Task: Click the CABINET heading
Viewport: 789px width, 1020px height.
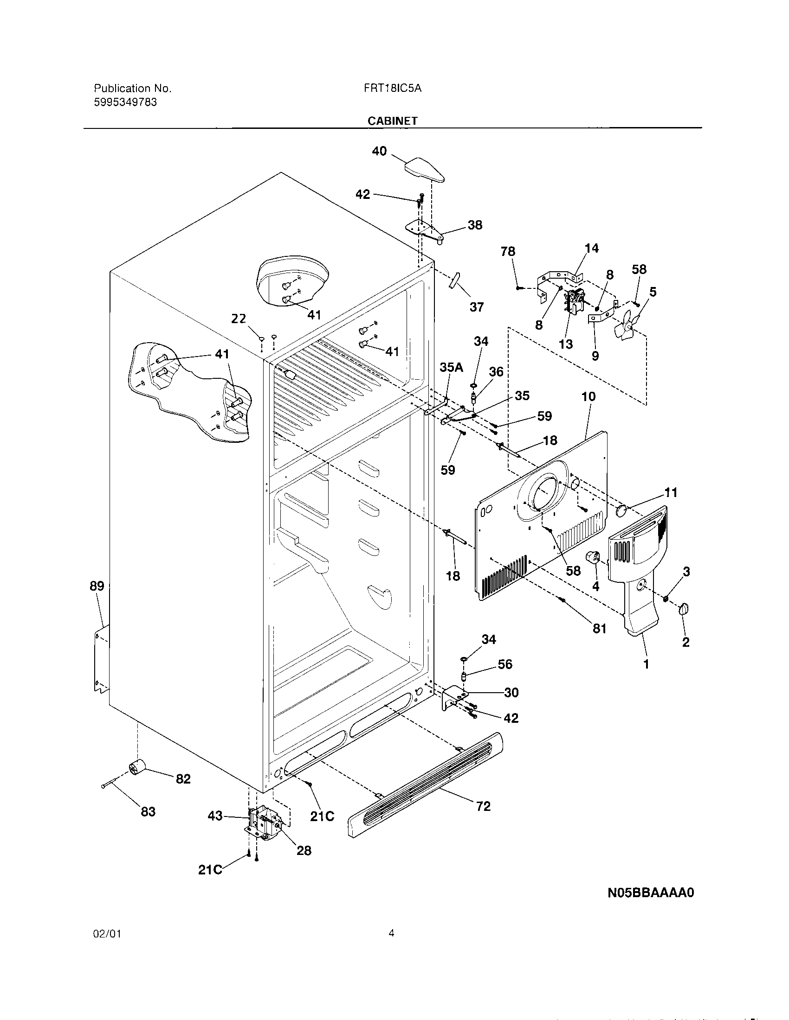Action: (392, 121)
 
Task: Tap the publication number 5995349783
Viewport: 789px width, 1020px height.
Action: (125, 102)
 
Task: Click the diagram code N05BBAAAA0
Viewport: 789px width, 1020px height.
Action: (651, 892)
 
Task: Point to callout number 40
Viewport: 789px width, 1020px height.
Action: (379, 151)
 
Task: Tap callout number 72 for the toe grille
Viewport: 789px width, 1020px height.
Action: (483, 806)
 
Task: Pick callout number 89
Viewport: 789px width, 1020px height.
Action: (97, 586)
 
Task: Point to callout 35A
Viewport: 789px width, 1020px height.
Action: (451, 368)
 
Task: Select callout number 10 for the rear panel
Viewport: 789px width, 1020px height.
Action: (589, 396)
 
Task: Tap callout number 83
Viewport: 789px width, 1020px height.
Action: (148, 811)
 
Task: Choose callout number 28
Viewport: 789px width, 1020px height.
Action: (304, 850)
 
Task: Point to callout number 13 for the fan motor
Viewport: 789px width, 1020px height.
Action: (566, 344)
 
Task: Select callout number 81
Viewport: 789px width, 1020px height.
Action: (599, 629)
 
